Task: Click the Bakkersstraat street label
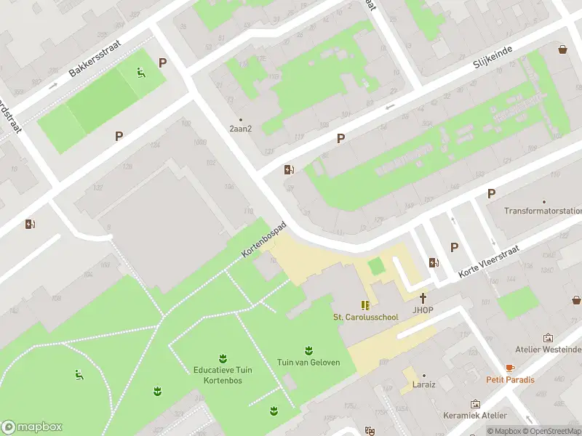pos(95,59)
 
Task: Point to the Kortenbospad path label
pos(264,240)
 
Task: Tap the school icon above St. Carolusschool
pos(365,305)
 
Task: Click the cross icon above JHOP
pos(423,298)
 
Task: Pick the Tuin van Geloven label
pos(308,363)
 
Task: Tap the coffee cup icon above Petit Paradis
pos(510,368)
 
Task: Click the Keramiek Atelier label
pos(475,416)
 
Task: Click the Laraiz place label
pos(423,384)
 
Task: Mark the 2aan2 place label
pos(241,129)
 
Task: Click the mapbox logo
pos(32,427)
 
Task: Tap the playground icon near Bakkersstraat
pos(142,72)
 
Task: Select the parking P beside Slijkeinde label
pos(340,138)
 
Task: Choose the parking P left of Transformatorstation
pos(491,193)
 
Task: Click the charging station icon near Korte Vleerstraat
pos(434,263)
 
